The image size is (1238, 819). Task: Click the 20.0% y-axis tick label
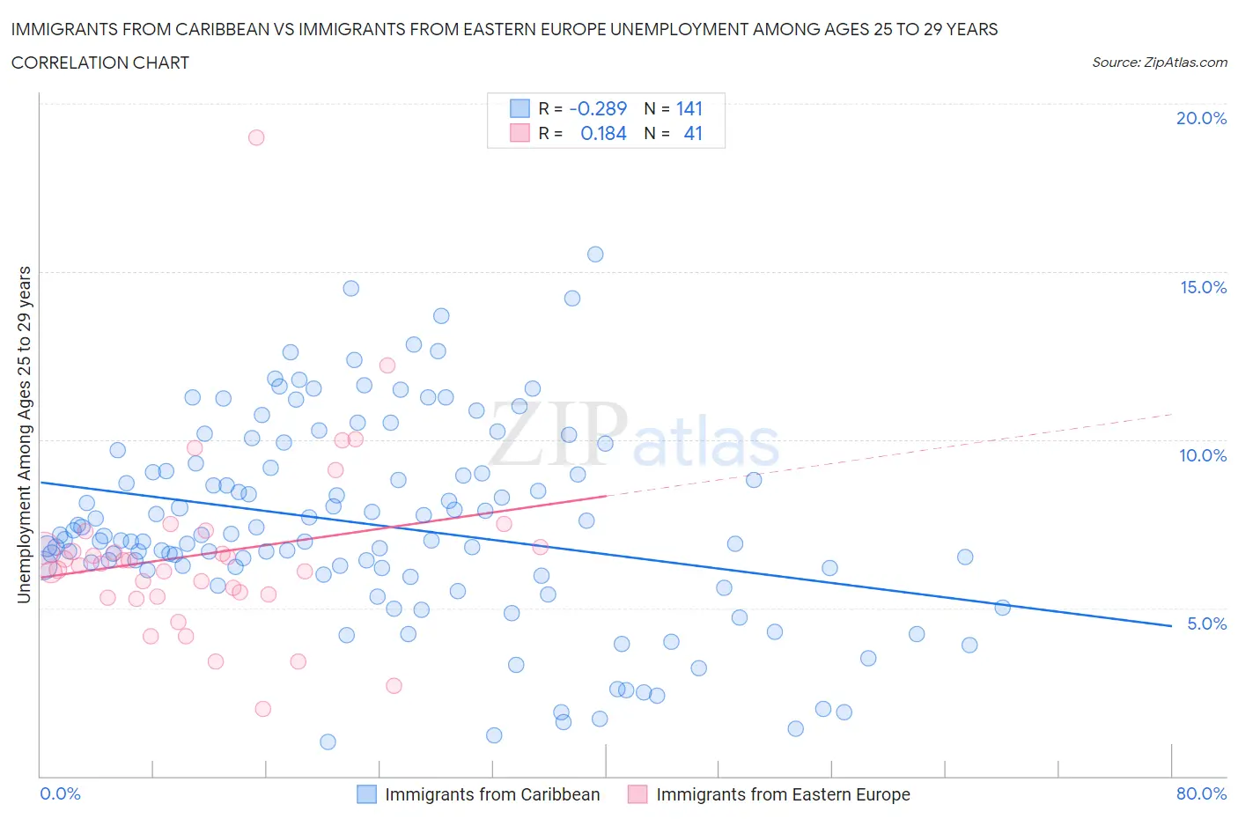point(1201,118)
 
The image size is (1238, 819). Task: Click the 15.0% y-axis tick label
point(1203,287)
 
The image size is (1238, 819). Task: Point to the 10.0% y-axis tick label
point(1203,455)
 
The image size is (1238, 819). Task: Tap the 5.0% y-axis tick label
point(1206,623)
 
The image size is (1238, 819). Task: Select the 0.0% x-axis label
point(60,793)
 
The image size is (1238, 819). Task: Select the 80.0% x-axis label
point(1201,793)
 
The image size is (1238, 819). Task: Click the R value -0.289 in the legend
point(598,108)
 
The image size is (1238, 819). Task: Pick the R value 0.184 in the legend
point(603,133)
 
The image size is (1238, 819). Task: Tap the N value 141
point(689,108)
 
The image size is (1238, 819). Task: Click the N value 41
point(693,133)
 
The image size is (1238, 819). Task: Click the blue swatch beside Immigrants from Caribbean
point(366,794)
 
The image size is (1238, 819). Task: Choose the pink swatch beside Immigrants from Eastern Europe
point(637,794)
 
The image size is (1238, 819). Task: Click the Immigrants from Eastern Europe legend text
point(783,794)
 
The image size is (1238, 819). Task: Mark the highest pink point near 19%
point(256,137)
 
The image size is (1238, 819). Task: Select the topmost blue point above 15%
point(595,255)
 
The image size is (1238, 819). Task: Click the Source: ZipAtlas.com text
point(1159,63)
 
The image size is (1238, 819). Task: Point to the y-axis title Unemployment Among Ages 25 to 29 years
point(24,434)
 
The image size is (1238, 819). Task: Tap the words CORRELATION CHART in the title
point(100,63)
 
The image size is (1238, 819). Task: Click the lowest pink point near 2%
point(262,709)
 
